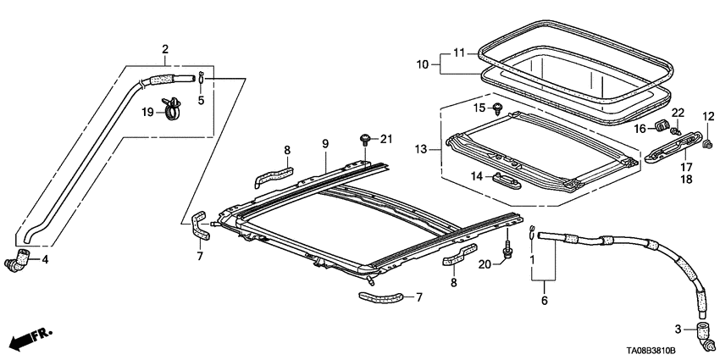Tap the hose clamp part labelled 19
coord(174,108)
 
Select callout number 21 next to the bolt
coord(386,140)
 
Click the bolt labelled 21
coord(365,138)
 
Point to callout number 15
coord(478,108)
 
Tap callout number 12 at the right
coord(708,116)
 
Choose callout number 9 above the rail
coord(324,145)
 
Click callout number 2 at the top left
coord(165,48)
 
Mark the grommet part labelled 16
coord(661,129)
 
